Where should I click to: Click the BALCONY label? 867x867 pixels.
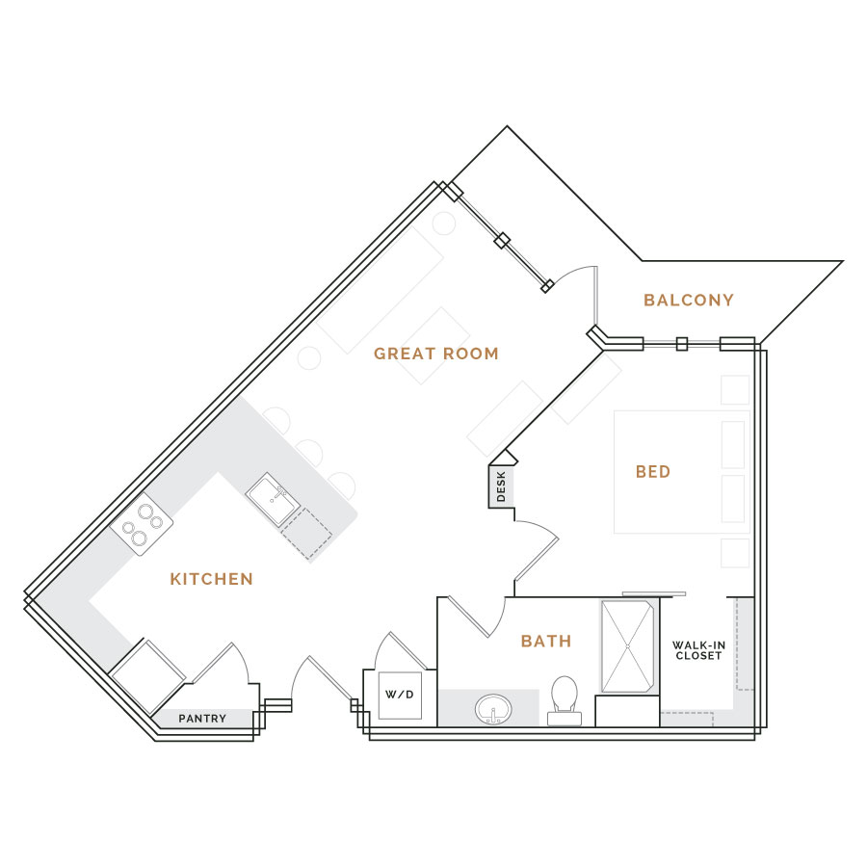click(x=689, y=301)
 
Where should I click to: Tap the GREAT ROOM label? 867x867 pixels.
click(x=436, y=354)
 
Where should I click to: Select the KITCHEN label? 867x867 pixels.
click(x=211, y=579)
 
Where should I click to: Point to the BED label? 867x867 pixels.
click(x=653, y=472)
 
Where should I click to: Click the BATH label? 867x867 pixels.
click(x=546, y=641)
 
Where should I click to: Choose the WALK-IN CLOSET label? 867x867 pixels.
click(x=699, y=650)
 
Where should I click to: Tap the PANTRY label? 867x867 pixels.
click(x=202, y=719)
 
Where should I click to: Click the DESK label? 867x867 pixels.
click(x=501, y=486)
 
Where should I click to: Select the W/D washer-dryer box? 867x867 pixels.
click(x=400, y=695)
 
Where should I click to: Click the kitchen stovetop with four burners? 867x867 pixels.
click(x=142, y=524)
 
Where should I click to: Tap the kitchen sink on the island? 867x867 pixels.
click(x=274, y=500)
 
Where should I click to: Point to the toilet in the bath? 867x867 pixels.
click(x=565, y=699)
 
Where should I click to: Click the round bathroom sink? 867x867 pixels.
click(x=493, y=709)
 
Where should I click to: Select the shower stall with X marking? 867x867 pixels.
click(x=627, y=646)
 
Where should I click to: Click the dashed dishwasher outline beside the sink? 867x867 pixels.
click(x=306, y=533)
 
